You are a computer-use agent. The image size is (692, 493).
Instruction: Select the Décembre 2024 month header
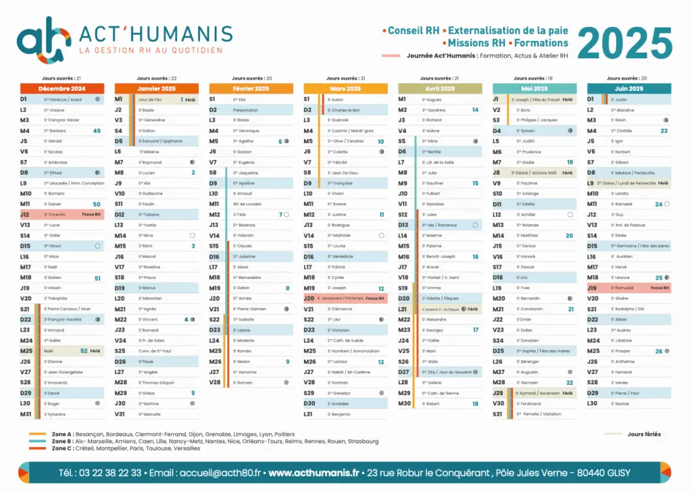coord(61,88)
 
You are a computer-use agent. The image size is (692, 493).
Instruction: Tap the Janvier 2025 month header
coord(156,88)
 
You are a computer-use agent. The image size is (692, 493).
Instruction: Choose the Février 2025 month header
coord(251,88)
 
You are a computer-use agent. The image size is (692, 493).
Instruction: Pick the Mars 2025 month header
coord(345,88)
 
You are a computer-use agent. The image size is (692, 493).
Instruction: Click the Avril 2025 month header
coord(440,88)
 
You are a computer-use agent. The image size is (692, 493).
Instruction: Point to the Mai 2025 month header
coord(535,88)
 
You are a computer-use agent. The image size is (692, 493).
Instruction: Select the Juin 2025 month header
coord(629,88)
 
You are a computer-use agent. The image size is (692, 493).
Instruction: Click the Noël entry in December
coord(49,351)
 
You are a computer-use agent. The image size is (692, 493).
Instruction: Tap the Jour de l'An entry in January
coord(151,99)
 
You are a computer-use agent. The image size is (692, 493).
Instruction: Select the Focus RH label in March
coord(374,299)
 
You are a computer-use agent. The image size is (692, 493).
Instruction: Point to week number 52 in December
coord(84,351)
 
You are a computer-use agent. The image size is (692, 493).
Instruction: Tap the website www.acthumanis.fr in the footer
coord(314,473)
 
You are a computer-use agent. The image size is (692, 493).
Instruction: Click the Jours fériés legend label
coord(643,434)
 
